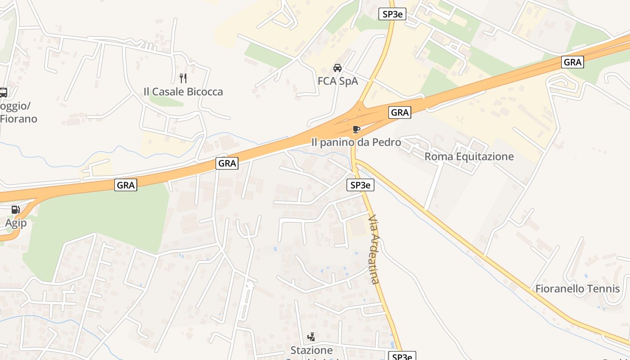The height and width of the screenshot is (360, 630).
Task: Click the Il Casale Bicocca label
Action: (183, 91)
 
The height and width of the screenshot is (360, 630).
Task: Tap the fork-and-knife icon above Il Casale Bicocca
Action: (183, 78)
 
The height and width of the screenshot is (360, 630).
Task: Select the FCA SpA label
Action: (337, 81)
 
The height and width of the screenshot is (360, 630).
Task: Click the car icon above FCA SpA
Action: (337, 68)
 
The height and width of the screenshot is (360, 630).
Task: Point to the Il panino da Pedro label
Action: (356, 142)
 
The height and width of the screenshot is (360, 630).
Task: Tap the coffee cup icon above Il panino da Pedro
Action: (356, 130)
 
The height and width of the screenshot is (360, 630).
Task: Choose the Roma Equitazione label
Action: (469, 157)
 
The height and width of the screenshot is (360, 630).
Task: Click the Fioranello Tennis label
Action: (577, 288)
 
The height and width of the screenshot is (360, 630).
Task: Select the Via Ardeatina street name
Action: (374, 249)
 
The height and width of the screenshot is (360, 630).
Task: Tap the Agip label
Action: (16, 223)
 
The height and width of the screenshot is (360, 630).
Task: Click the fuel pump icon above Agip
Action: (16, 210)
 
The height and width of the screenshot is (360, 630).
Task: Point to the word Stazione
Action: (311, 350)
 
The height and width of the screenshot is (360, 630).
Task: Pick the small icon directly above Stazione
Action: (311, 337)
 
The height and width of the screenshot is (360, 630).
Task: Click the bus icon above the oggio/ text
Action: (3, 93)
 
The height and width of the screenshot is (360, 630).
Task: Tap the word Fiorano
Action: (18, 119)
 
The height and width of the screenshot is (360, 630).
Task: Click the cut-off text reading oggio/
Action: (15, 106)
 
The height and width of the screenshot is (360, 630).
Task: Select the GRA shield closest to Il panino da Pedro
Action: (400, 112)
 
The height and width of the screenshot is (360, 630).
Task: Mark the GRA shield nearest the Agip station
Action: (126, 184)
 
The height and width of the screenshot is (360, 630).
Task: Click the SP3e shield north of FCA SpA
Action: (392, 14)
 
